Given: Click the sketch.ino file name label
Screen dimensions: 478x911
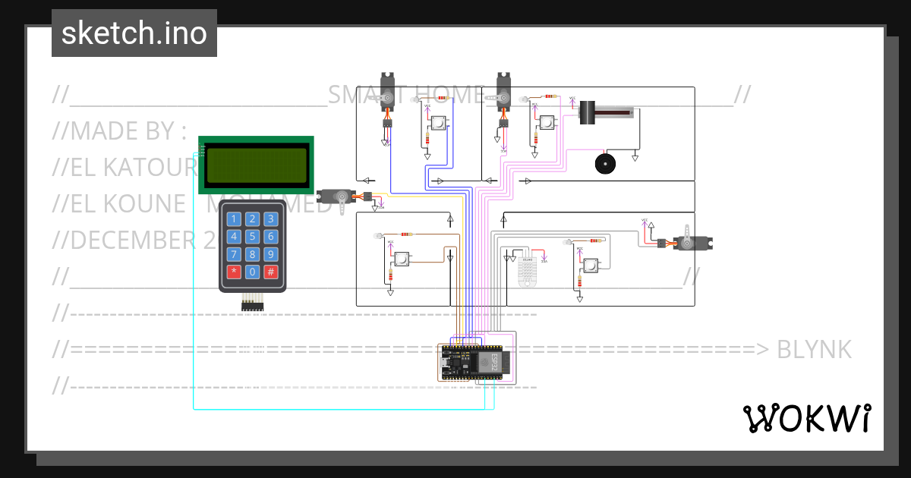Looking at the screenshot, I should pyautogui.click(x=134, y=33).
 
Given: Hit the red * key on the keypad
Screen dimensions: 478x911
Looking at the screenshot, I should pyautogui.click(x=234, y=272).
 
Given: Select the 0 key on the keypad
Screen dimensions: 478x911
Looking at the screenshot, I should pyautogui.click(x=252, y=272).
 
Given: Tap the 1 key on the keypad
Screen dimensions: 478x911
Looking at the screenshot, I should pyautogui.click(x=234, y=219).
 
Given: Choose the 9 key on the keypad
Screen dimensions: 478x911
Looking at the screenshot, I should pyautogui.click(x=270, y=254).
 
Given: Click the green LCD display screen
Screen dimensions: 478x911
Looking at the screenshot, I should pyautogui.click(x=256, y=164).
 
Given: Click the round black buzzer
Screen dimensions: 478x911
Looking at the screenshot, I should pyautogui.click(x=605, y=164).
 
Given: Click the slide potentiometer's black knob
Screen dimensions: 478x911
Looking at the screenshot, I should pyautogui.click(x=587, y=113).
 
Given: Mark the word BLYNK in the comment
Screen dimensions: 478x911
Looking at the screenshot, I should pyautogui.click(x=815, y=350).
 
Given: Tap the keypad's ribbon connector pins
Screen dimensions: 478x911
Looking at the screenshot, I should pyautogui.click(x=252, y=305).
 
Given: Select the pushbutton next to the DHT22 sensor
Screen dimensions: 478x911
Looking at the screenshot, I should pyautogui.click(x=589, y=265).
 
